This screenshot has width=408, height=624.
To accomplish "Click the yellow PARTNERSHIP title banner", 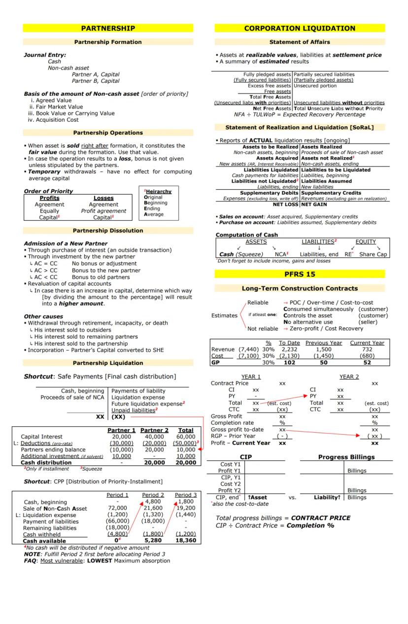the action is (x=108, y=29).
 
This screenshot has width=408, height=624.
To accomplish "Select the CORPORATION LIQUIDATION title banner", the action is (x=300, y=29).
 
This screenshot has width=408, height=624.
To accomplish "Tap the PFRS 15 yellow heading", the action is (x=300, y=274).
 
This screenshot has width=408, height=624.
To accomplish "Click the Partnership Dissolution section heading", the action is (x=108, y=231).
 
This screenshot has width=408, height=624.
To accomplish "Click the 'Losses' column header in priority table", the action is (x=103, y=198).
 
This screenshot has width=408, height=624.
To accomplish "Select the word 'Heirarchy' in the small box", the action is (x=158, y=192).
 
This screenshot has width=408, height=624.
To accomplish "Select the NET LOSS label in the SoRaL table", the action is (x=286, y=205).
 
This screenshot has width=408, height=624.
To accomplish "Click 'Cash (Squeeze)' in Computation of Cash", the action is (x=235, y=254).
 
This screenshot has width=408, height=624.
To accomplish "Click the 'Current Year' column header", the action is (x=367, y=343).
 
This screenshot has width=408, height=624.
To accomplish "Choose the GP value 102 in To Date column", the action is (x=289, y=362).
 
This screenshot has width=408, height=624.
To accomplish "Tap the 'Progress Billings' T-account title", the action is (x=346, y=457).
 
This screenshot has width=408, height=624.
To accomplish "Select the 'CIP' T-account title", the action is (x=245, y=457).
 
